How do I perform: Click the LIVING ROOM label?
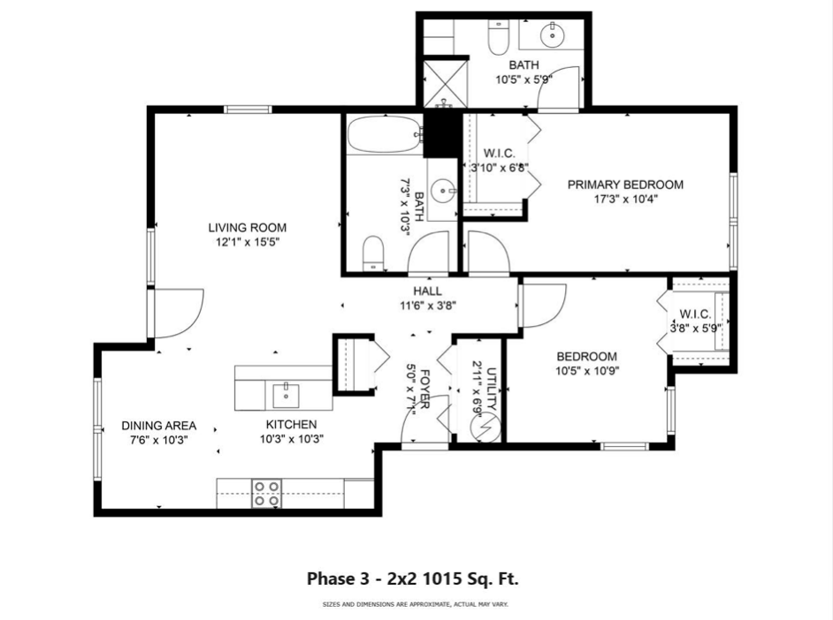point(244,226)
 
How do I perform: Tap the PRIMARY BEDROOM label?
point(625,185)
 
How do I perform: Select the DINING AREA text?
point(158,426)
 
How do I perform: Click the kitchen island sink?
point(285,391)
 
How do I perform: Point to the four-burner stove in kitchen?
point(267,493)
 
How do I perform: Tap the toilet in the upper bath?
point(497,37)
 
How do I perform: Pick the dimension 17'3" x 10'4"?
point(625,199)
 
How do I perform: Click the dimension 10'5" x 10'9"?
point(586,371)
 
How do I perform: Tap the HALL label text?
point(427,291)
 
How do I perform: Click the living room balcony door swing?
point(180,311)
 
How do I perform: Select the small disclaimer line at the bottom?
point(415,605)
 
